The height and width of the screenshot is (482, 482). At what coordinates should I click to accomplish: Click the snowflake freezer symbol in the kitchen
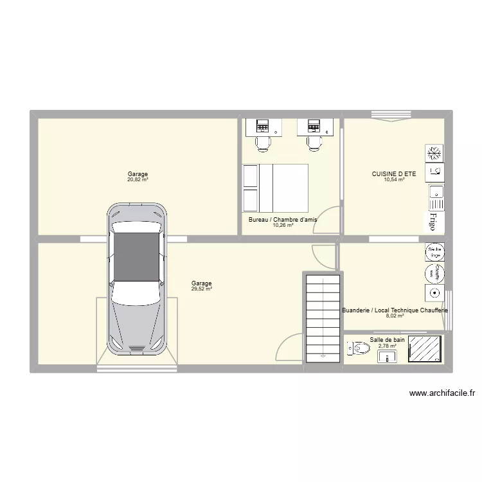pyautogui.click(x=434, y=153)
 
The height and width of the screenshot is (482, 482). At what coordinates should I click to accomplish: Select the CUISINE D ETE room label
pyautogui.click(x=394, y=174)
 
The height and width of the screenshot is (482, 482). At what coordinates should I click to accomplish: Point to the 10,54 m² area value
pyautogui.click(x=394, y=180)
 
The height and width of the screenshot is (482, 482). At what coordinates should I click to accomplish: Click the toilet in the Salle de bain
pyautogui.click(x=359, y=348)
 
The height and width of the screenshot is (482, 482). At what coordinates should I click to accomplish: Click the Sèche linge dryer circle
pyautogui.click(x=434, y=251)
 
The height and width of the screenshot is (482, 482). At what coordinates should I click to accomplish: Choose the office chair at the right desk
pyautogui.click(x=314, y=144)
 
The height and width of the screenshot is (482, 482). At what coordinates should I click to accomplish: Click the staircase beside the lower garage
pyautogui.click(x=323, y=317)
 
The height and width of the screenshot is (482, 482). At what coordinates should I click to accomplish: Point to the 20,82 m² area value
pyautogui.click(x=138, y=180)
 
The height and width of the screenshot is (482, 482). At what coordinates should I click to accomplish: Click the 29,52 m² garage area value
pyautogui.click(x=201, y=289)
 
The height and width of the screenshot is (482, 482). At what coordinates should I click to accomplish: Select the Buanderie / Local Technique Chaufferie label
pyautogui.click(x=395, y=310)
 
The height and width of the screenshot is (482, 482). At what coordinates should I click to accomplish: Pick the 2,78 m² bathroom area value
pyautogui.click(x=388, y=346)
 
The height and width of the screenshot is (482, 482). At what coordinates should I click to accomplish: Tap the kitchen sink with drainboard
pyautogui.click(x=435, y=193)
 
